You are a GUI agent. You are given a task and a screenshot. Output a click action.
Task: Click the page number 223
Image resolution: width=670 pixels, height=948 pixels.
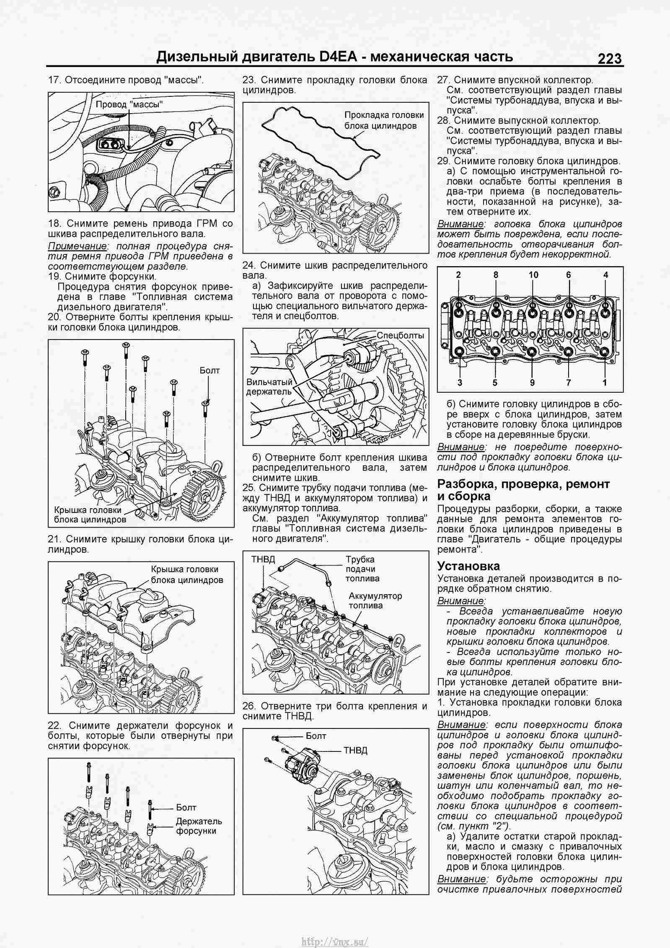610,58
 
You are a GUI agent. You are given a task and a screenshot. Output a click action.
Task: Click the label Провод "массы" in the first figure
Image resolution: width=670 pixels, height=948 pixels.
129,105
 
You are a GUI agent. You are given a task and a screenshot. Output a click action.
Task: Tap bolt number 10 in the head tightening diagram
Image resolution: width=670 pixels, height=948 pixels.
533,275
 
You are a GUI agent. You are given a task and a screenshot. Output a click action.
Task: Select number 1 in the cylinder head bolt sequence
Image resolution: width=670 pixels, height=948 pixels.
605,382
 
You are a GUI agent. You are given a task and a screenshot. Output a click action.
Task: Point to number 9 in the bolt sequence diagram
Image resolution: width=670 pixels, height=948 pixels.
532,382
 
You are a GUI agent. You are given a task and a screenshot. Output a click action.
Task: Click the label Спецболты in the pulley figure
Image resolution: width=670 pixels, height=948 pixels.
400,335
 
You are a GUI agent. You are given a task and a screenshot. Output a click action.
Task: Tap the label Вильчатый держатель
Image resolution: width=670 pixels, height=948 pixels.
268,387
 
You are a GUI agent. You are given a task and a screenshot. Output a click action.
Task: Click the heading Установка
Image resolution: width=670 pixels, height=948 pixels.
468,566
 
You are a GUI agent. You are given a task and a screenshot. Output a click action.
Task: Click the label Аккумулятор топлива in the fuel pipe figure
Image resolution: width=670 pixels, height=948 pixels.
375,601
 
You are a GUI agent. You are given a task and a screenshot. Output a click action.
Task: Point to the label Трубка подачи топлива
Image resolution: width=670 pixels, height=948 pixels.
362,569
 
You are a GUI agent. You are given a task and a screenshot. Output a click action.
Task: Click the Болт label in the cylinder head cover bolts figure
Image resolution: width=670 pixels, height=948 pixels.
210,370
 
